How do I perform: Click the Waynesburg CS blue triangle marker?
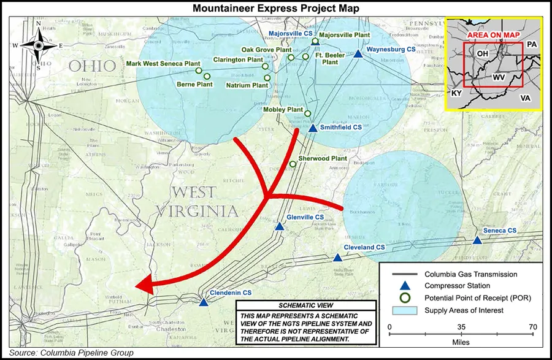[358, 54]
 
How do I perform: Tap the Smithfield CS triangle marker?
[312, 129]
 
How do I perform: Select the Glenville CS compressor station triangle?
[280, 226]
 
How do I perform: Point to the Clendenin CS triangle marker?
[203, 302]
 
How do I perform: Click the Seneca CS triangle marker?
[477, 240]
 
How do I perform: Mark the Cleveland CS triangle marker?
[337, 256]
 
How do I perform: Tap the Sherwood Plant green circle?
[293, 164]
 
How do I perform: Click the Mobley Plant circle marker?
[308, 113]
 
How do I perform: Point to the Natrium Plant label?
[247, 85]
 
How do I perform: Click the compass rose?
[38, 45]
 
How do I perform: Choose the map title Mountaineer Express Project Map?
[275, 8]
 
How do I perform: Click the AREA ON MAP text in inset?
[492, 35]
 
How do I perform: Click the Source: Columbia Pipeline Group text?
[71, 353]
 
